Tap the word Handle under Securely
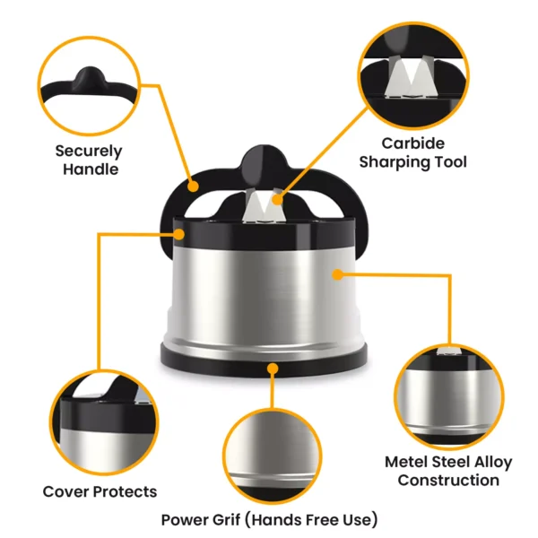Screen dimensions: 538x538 90,169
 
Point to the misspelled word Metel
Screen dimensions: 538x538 409,463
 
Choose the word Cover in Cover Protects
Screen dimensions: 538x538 65,491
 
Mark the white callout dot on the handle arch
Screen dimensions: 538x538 194,185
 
